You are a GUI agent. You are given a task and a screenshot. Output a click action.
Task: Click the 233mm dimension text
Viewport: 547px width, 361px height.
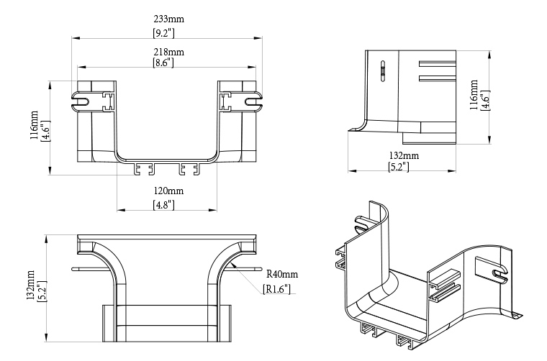[x=168, y=19]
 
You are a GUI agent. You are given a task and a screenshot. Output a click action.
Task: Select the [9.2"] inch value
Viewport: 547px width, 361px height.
[x=168, y=33]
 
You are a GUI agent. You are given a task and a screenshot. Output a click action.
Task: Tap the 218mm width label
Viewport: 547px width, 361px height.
[x=168, y=52]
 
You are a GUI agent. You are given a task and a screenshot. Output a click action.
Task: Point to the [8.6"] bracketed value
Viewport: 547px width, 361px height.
[x=168, y=63]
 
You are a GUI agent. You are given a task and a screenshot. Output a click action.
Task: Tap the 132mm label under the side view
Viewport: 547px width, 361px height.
[x=404, y=155]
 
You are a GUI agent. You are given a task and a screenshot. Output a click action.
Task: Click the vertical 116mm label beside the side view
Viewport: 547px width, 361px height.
[x=473, y=95]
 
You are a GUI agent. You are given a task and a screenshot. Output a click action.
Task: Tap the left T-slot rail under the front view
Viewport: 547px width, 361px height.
[x=143, y=170]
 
